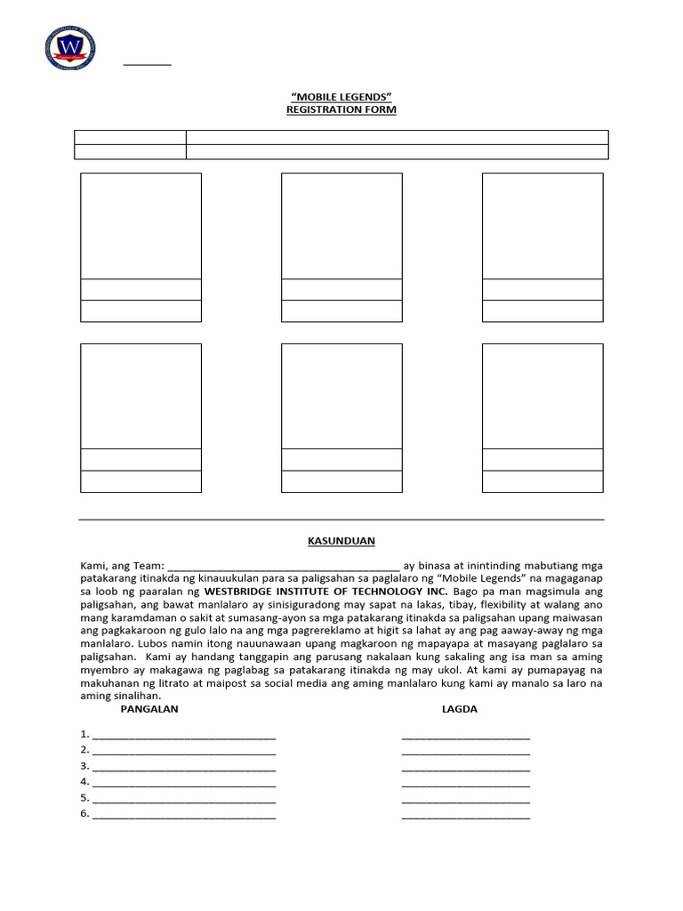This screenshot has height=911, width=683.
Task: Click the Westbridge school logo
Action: tap(70, 48)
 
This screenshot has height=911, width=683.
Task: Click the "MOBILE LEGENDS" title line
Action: tap(341, 95)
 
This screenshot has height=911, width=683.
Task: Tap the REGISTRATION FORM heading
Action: tap(341, 109)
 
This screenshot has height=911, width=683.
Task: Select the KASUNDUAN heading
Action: tap(341, 540)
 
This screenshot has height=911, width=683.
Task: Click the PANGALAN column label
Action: tap(149, 709)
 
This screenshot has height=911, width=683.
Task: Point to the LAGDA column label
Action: tap(460, 709)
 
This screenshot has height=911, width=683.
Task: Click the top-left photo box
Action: tap(141, 226)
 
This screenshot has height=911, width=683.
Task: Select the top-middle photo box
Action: tap(341, 226)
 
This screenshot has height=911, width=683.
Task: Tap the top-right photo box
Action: tap(542, 226)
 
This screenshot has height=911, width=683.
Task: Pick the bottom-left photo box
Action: tap(141, 396)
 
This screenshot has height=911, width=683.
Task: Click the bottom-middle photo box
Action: tap(341, 396)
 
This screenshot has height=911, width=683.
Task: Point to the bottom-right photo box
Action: tap(542, 396)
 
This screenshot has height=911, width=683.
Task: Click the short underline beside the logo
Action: tap(147, 65)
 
